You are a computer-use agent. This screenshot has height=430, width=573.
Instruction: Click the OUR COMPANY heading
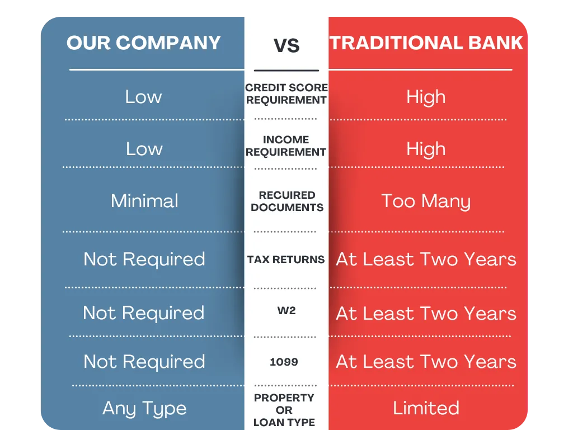tap(144, 43)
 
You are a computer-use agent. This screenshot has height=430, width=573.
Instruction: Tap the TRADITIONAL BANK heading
tap(426, 43)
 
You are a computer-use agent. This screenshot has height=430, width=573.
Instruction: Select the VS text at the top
tap(286, 46)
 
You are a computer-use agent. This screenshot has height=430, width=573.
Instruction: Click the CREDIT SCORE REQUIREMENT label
tap(286, 94)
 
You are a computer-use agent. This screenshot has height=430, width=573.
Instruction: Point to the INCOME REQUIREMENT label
tap(286, 146)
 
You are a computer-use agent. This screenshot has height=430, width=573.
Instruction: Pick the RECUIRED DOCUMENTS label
tap(287, 201)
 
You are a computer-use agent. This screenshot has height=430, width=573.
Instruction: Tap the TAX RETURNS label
tap(286, 259)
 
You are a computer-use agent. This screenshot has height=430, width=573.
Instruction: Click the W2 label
tap(286, 310)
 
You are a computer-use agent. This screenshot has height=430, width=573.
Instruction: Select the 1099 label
tap(284, 362)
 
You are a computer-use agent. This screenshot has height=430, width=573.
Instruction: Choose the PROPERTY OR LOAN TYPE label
tap(284, 410)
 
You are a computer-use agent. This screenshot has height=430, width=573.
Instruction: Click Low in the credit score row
tap(143, 97)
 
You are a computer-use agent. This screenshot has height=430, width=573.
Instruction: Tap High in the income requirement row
tap(426, 149)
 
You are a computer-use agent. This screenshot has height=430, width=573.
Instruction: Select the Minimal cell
tap(145, 201)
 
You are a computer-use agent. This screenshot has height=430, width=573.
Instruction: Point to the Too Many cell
tap(426, 202)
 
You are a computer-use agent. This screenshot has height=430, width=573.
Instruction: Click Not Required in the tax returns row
tap(144, 260)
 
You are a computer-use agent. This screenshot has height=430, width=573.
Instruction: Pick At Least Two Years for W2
tap(426, 314)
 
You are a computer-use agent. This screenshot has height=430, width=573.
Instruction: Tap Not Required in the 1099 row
tap(144, 362)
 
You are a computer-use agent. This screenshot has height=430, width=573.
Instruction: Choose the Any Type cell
tap(144, 409)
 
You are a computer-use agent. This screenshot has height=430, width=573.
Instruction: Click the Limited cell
tap(426, 408)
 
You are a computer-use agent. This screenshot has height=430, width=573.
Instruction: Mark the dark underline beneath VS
tap(286, 70)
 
